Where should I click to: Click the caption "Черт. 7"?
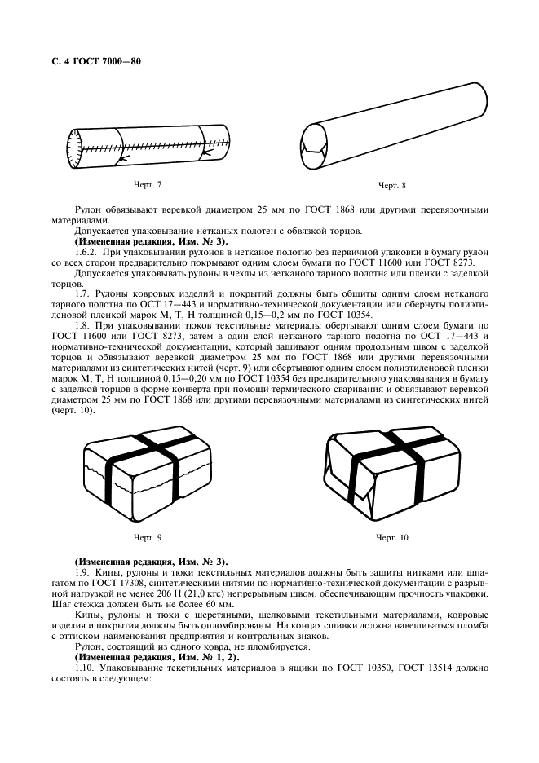(x=148, y=184)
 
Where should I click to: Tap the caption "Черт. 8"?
(x=392, y=187)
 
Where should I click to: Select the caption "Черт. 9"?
(x=148, y=537)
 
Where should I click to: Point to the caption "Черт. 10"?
(x=392, y=537)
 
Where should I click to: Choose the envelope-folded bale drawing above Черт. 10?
(x=392, y=474)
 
